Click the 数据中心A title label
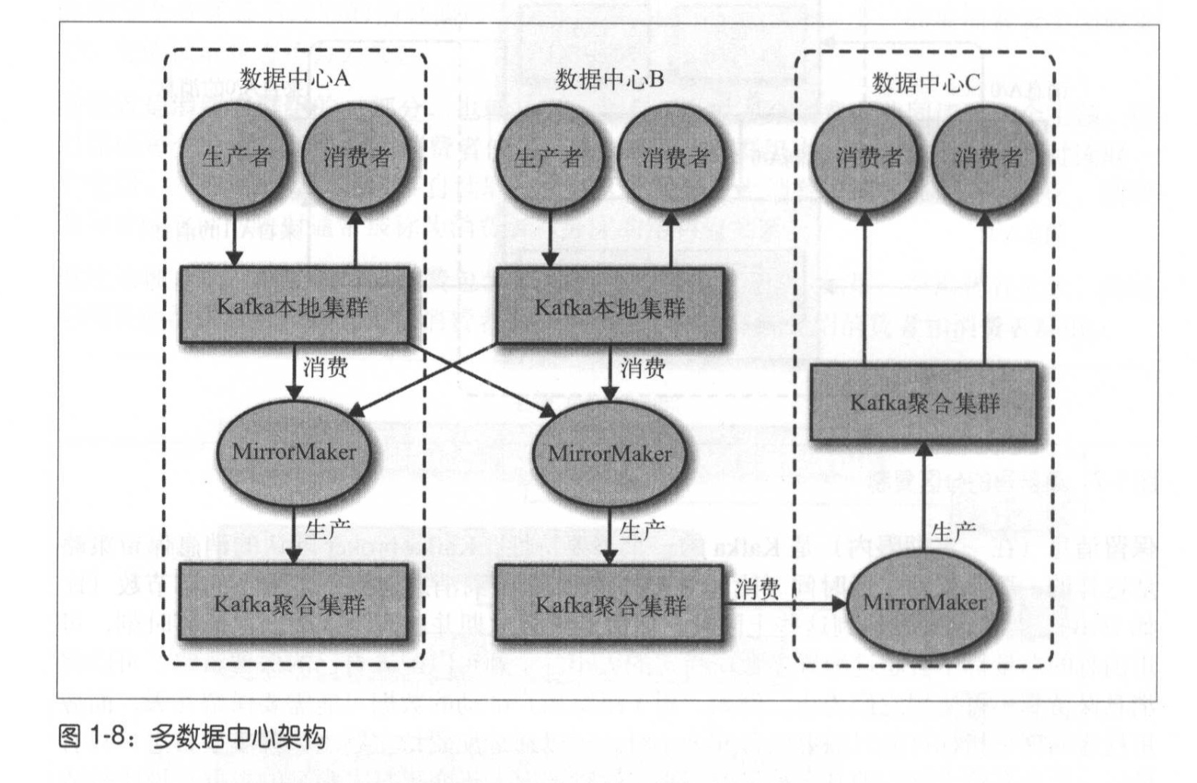pyautogui.click(x=294, y=78)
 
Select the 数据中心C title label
pyautogui.click(x=925, y=82)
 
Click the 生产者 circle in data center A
pyautogui.click(x=235, y=157)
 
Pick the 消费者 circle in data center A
pyautogui.click(x=356, y=157)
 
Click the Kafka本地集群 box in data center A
pyautogui.click(x=294, y=306)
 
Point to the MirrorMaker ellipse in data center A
pyautogui.click(x=294, y=452)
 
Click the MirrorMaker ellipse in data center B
pyautogui.click(x=609, y=454)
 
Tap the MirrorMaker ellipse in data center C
pyautogui.click(x=924, y=603)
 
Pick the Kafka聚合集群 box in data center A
pyautogui.click(x=291, y=604)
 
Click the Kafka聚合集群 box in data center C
pyautogui.click(x=924, y=402)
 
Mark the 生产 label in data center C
pyautogui.click(x=952, y=532)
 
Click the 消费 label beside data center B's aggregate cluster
pyautogui.click(x=757, y=588)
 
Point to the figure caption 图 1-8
pyautogui.click(x=191, y=736)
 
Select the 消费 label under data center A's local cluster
pyautogui.click(x=326, y=367)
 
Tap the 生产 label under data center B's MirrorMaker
pyautogui.click(x=642, y=530)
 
